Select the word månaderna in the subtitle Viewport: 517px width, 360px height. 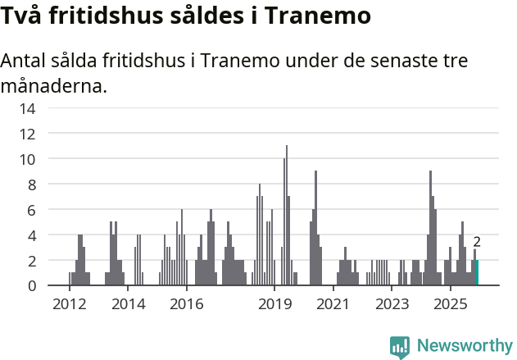point(54,85)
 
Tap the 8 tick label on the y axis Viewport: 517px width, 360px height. point(31,185)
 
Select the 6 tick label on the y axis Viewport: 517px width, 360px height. point(31,210)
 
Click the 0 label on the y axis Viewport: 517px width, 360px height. point(31,285)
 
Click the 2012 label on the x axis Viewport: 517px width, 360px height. point(69,304)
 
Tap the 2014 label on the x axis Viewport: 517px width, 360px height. point(128,304)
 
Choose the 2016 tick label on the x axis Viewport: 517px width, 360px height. point(186,304)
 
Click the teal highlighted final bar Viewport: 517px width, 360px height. point(477,273)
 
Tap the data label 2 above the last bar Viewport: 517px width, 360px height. point(477,242)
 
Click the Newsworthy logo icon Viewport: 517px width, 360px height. point(400,347)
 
